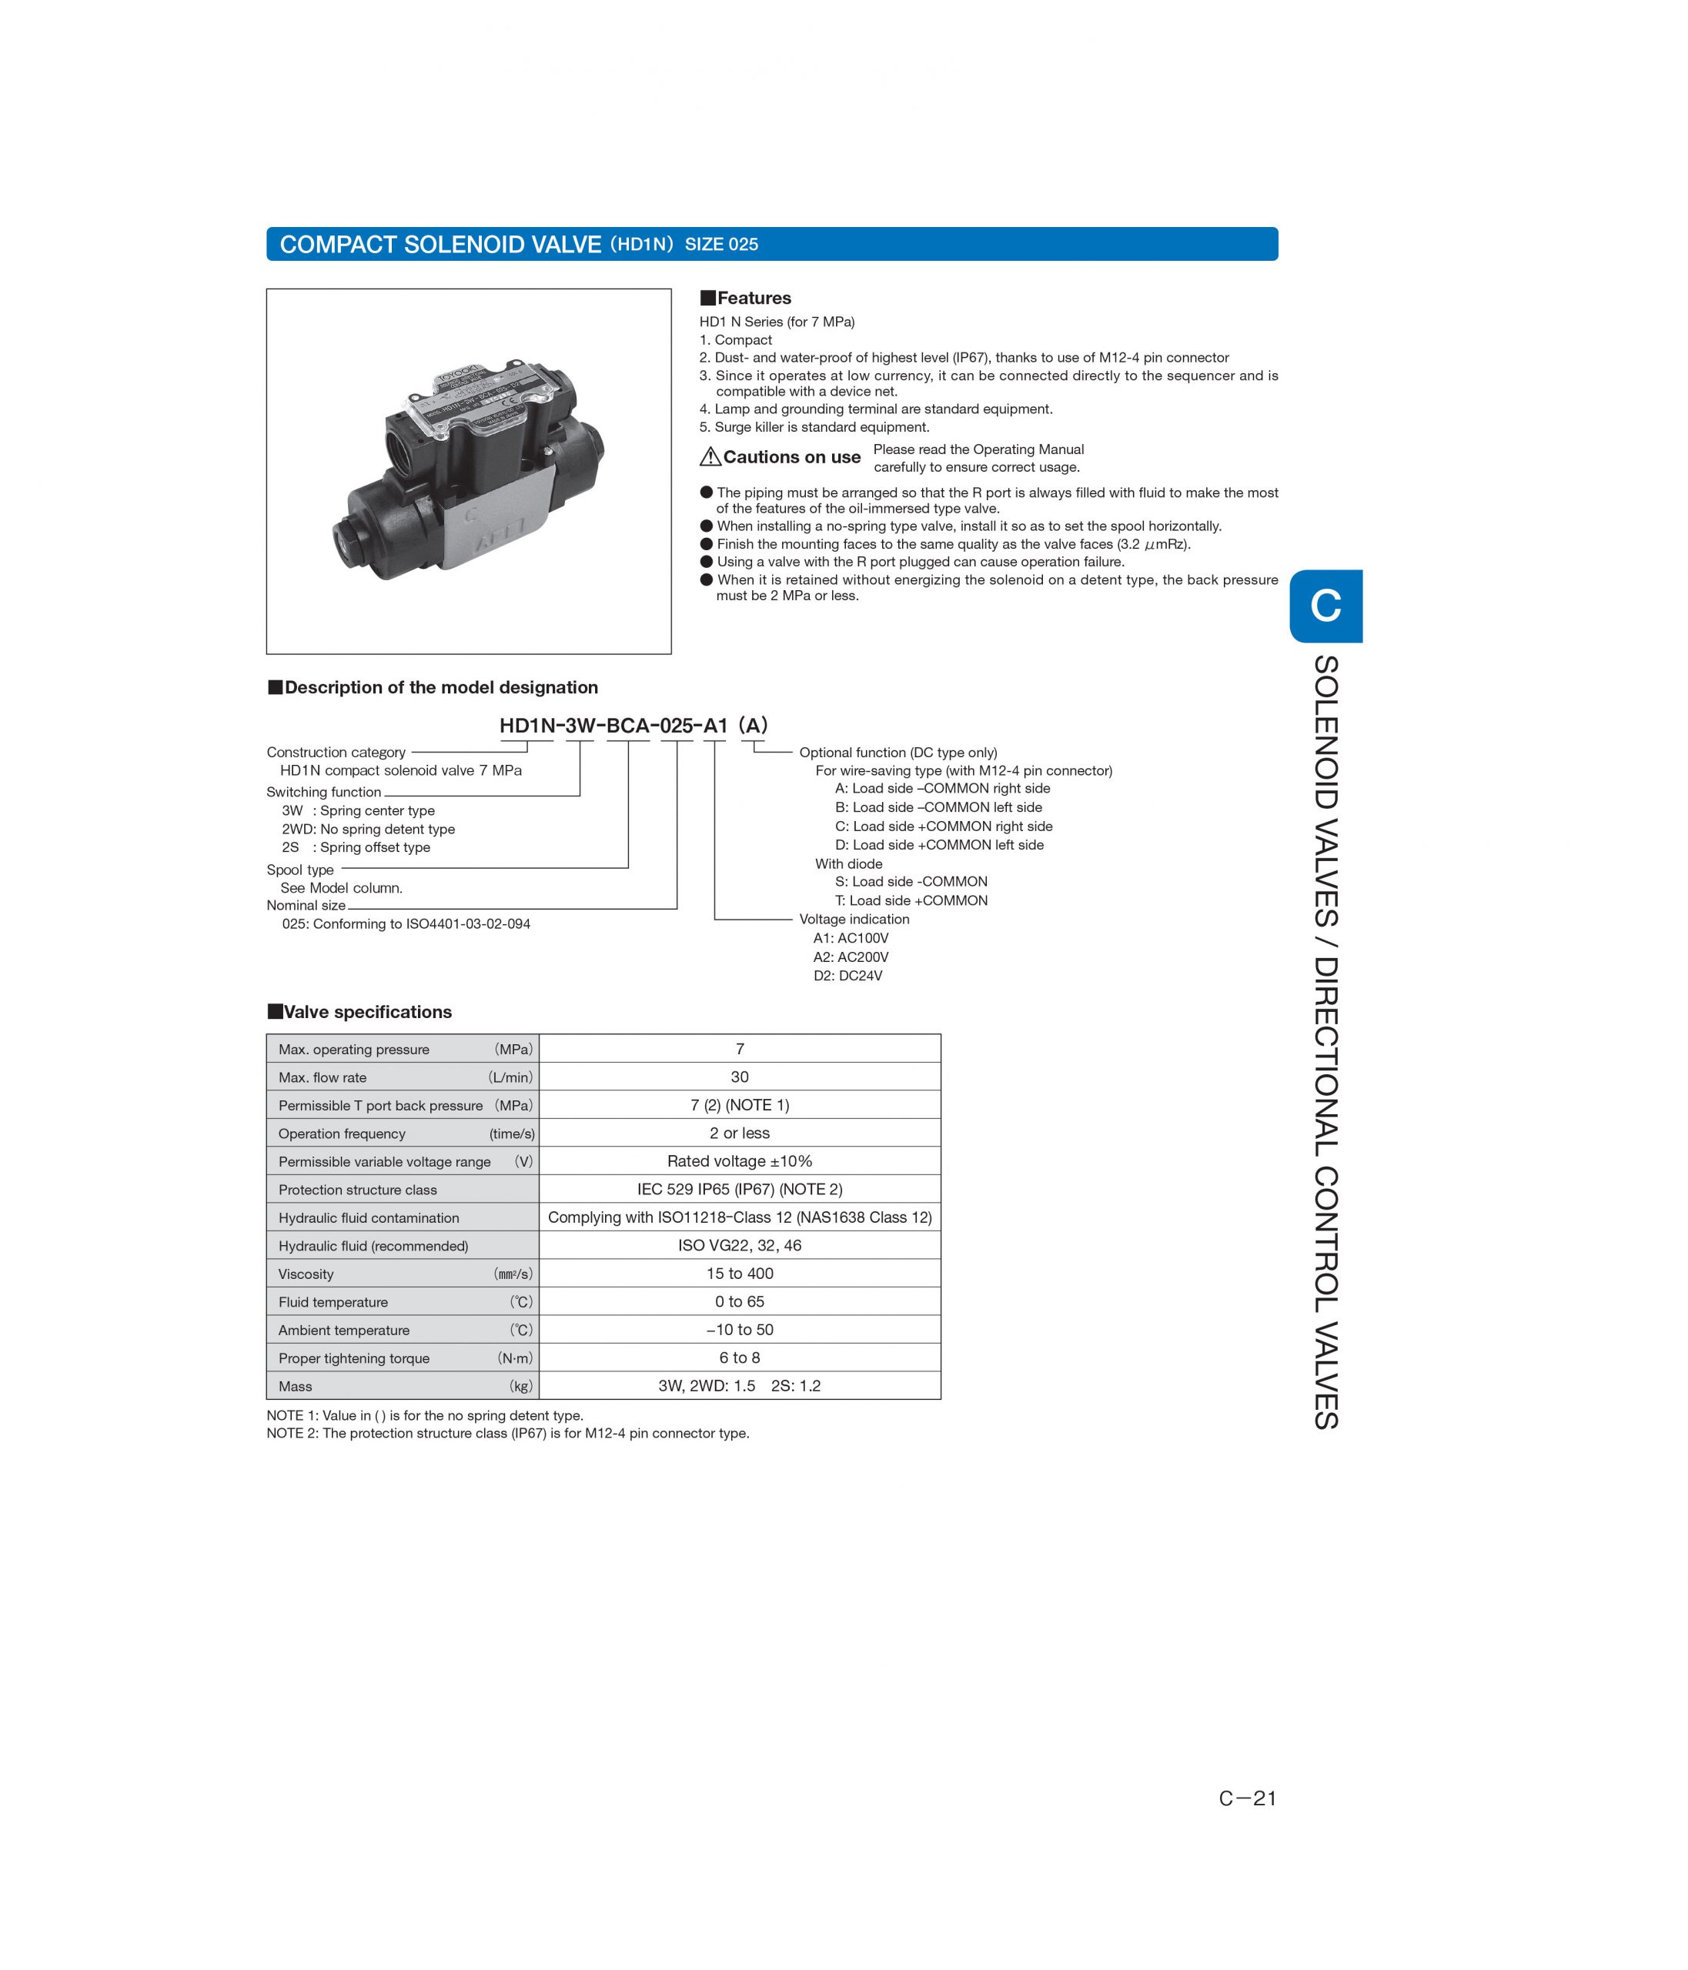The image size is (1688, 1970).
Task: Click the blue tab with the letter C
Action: tap(1325, 606)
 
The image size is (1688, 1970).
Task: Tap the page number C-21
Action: tap(1247, 1798)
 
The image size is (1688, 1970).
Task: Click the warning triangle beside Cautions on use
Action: tap(710, 457)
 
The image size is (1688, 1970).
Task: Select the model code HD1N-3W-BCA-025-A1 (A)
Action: tap(633, 726)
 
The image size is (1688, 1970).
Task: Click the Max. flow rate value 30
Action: tap(739, 1077)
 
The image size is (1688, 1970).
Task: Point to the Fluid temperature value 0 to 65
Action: tap(739, 1301)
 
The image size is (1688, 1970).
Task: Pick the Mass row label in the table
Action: tap(296, 1386)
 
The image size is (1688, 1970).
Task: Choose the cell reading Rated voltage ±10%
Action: tap(739, 1161)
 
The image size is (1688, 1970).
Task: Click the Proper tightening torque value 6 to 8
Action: tap(739, 1357)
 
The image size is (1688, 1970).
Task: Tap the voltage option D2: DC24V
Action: tap(847, 976)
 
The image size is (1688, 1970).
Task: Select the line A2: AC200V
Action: tap(851, 957)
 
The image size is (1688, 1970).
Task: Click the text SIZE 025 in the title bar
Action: tap(721, 245)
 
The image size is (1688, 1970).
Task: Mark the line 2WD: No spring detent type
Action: tap(368, 829)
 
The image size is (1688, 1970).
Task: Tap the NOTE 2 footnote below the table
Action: tap(507, 1433)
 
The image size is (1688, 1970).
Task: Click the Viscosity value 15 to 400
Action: tap(739, 1273)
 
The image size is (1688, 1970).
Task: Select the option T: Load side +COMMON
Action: tap(911, 900)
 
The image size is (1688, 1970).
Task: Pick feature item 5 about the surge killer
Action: tap(814, 427)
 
